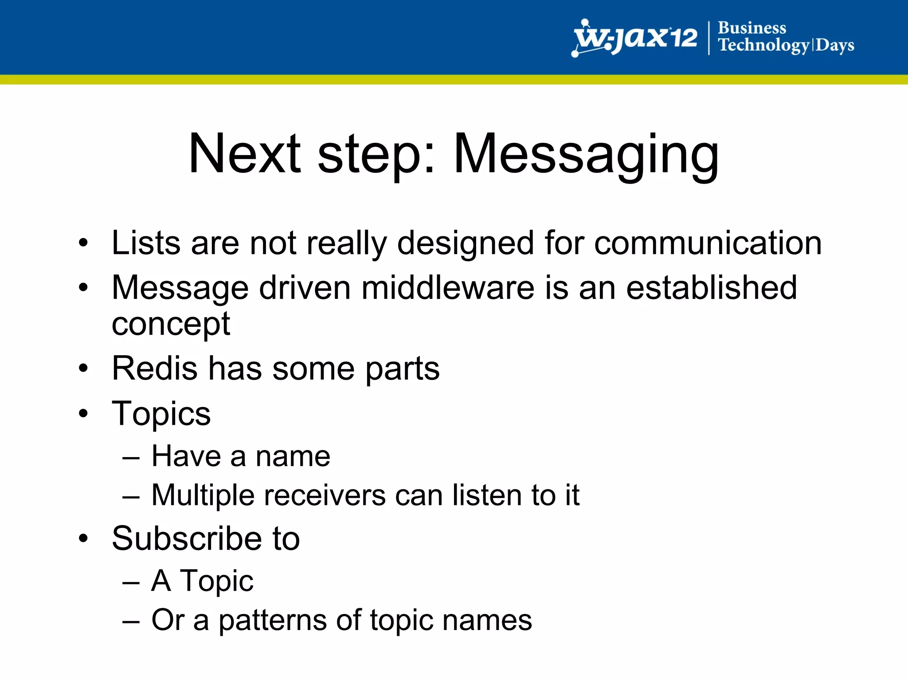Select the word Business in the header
[752, 28]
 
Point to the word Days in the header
[835, 46]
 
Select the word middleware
[448, 288]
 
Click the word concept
[171, 325]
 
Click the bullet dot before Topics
[83, 413]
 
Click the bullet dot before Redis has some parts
[83, 368]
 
